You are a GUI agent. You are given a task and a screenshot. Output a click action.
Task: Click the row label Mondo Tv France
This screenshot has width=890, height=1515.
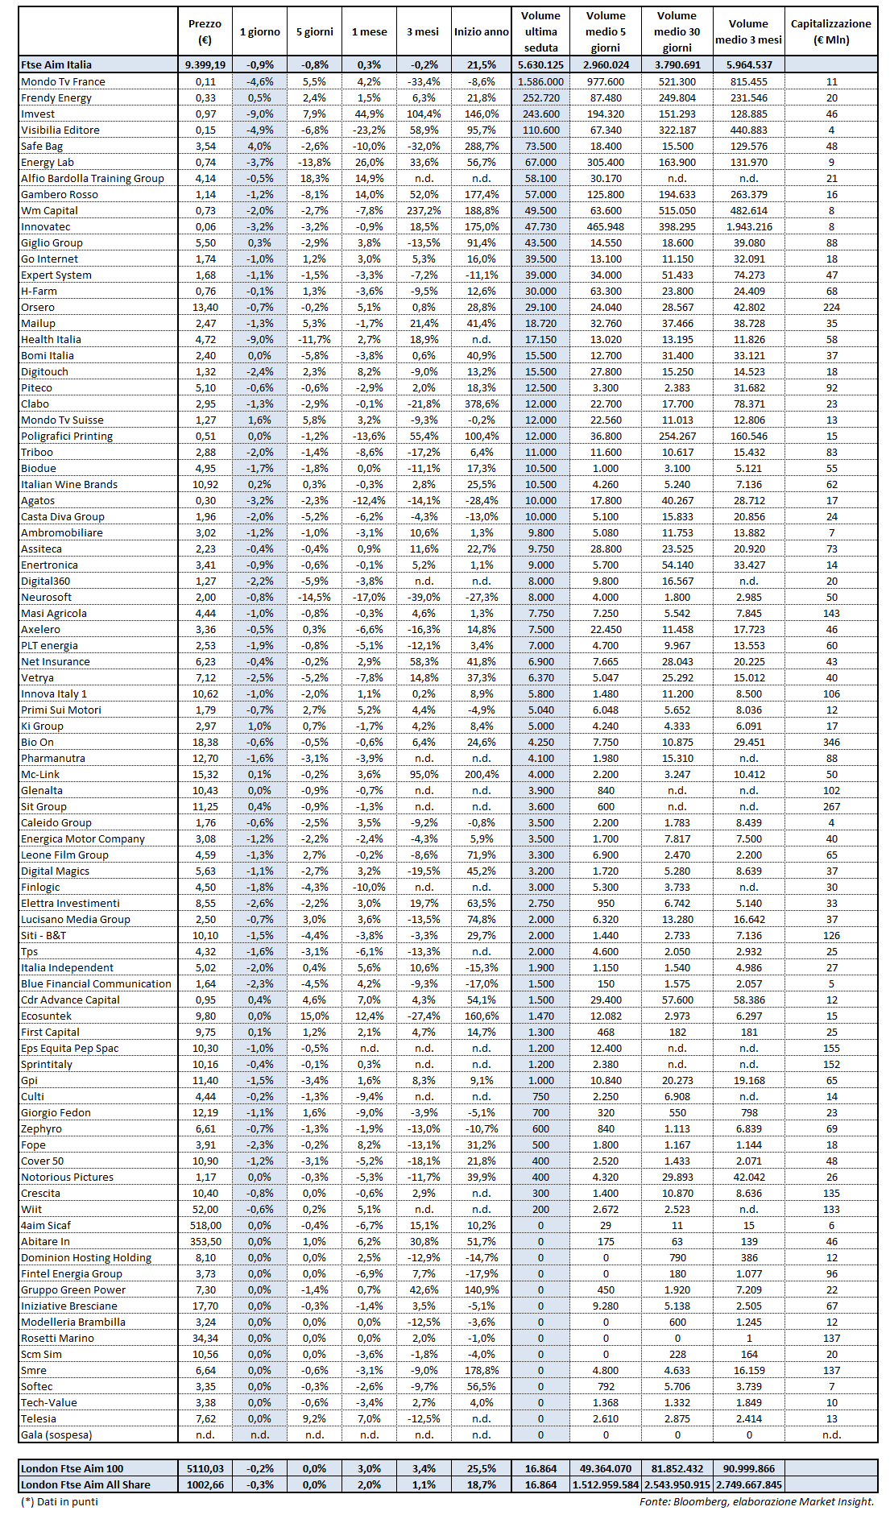click(x=63, y=81)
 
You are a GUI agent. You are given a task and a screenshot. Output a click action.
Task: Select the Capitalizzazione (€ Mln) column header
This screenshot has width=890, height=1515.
click(x=830, y=31)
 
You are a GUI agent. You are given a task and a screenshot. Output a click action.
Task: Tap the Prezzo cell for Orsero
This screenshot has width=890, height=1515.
click(x=205, y=307)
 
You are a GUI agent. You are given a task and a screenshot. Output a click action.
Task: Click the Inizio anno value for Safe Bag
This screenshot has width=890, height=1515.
click(x=481, y=146)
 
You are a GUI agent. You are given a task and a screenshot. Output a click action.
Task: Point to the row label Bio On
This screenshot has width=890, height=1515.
click(x=37, y=742)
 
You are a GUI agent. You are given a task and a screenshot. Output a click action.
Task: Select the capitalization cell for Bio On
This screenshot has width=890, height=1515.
click(x=831, y=742)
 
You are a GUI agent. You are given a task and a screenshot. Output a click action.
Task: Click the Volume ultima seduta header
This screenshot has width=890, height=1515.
click(x=540, y=31)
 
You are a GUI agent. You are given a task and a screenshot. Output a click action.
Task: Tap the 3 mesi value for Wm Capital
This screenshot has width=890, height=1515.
click(x=424, y=210)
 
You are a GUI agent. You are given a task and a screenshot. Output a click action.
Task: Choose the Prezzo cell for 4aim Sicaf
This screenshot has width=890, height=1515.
click(x=205, y=1225)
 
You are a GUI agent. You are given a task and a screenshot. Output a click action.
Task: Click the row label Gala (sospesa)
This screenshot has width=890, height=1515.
click(x=56, y=1434)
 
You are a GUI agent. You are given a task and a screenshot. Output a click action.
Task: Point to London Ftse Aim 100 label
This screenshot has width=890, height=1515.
click(x=72, y=1468)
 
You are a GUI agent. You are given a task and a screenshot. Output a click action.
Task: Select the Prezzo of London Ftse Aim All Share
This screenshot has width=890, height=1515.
click(x=205, y=1484)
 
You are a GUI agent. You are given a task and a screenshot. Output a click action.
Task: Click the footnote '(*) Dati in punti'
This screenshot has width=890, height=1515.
click(x=59, y=1501)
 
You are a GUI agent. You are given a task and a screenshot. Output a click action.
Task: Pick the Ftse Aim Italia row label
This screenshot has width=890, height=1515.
click(x=56, y=64)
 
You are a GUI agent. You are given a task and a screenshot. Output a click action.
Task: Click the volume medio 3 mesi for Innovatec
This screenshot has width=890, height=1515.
click(x=748, y=226)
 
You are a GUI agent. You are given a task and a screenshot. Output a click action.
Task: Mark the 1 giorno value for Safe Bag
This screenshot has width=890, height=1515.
click(x=259, y=146)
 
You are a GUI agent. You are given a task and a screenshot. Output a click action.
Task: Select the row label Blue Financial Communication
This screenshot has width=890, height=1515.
click(x=96, y=983)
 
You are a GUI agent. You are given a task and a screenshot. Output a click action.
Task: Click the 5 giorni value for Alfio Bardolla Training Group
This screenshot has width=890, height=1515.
click(x=314, y=178)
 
